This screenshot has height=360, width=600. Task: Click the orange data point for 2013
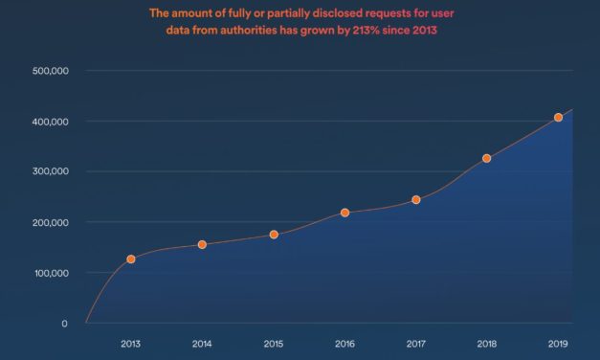click(130, 259)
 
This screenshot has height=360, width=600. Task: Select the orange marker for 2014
click(202, 245)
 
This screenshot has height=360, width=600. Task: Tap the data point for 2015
click(274, 235)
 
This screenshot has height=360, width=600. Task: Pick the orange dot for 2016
click(344, 213)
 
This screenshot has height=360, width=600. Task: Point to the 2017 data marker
click(416, 200)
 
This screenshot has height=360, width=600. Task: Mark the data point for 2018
click(487, 158)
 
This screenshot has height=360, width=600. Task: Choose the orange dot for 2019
click(558, 118)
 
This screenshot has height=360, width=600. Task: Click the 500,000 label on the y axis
click(50, 71)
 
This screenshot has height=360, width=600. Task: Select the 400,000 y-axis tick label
click(50, 122)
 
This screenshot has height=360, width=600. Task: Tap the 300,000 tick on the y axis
click(50, 172)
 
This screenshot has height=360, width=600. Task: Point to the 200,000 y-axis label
click(50, 223)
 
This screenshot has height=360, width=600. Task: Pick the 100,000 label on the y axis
click(50, 274)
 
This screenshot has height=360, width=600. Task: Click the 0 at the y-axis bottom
click(64, 324)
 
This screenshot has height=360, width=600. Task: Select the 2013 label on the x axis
click(130, 343)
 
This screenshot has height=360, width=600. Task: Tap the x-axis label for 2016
click(344, 343)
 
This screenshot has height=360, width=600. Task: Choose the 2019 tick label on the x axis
click(558, 343)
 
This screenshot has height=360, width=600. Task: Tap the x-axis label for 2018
click(487, 343)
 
